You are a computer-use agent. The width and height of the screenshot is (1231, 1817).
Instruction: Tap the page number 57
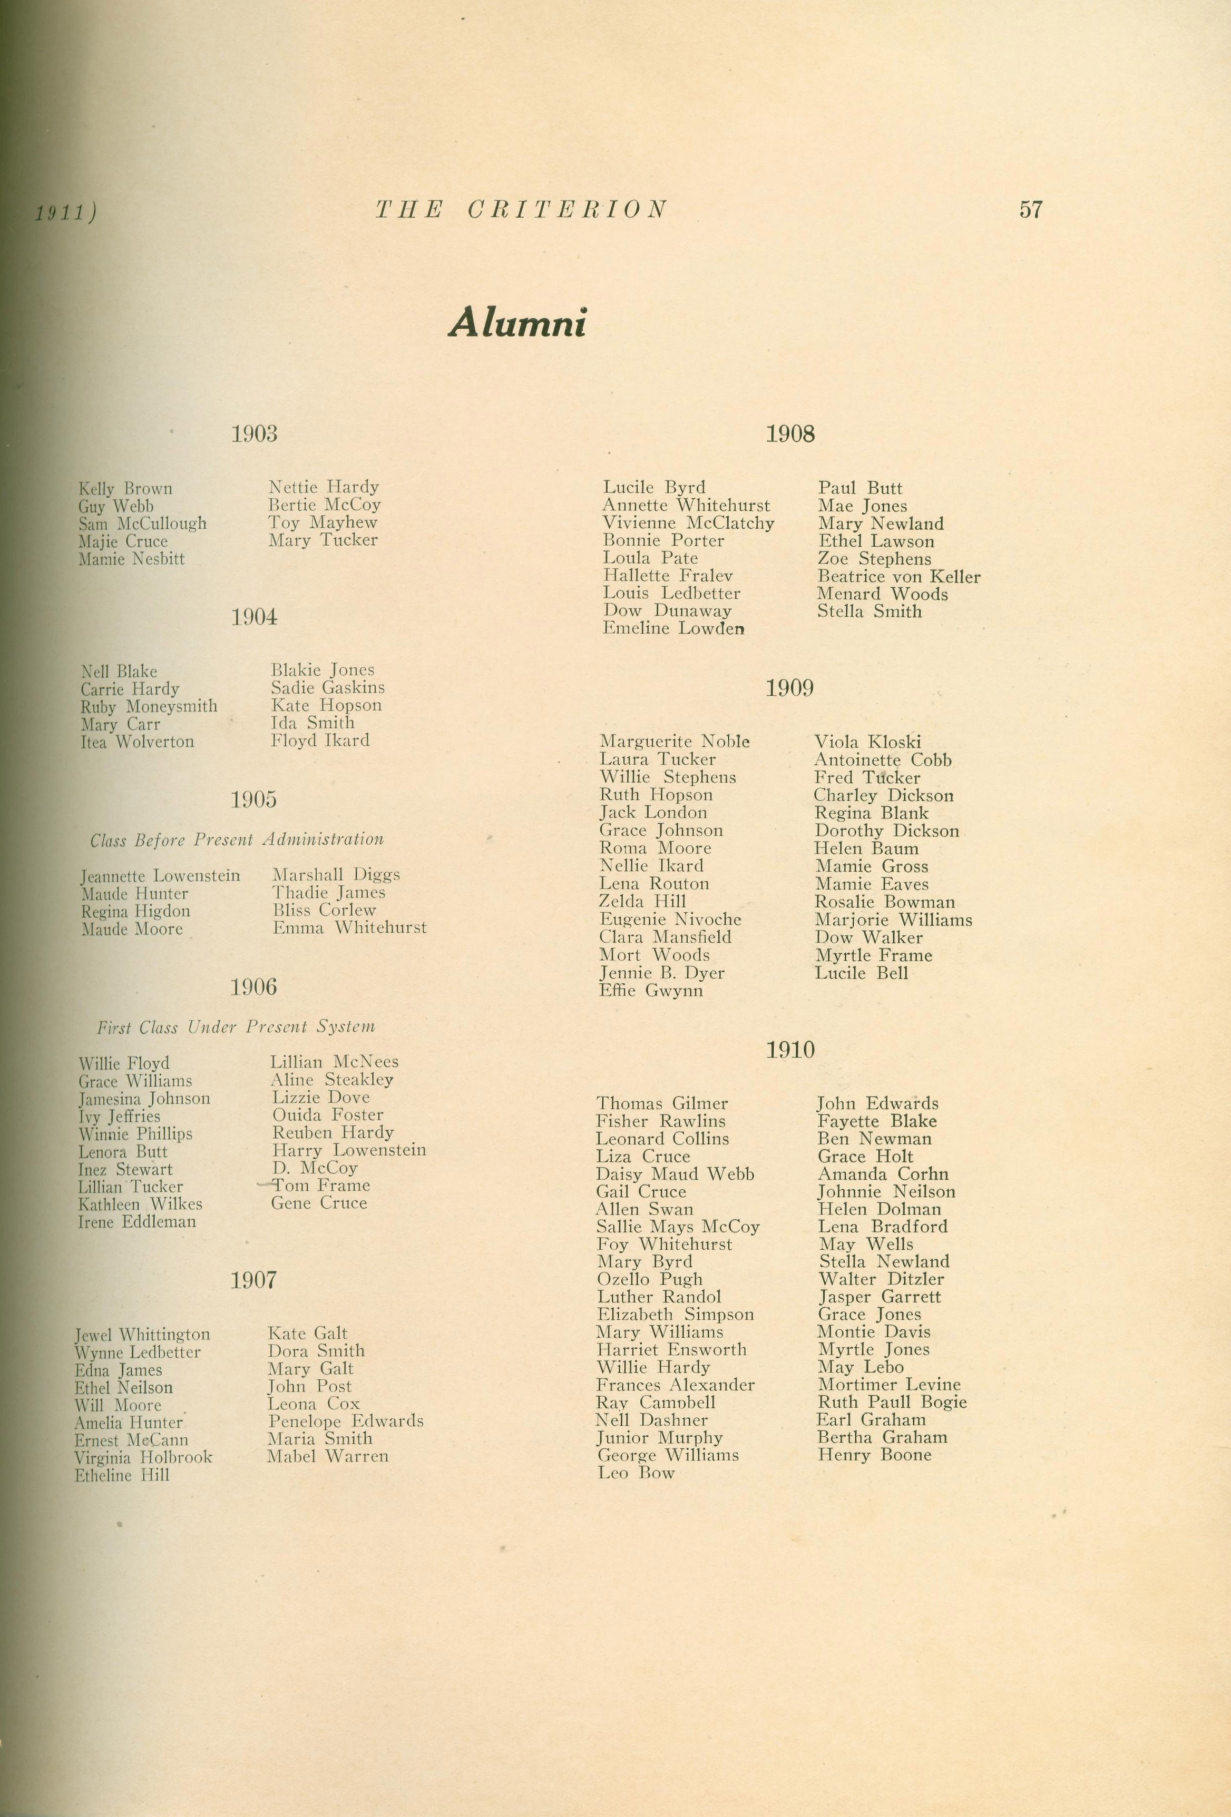pyautogui.click(x=1030, y=210)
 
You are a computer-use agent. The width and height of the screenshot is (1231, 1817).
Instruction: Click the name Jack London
pyautogui.click(x=652, y=812)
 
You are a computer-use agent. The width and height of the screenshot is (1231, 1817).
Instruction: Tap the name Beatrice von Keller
pyautogui.click(x=898, y=577)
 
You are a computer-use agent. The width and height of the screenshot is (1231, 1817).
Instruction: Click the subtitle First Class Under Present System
pyautogui.click(x=236, y=1028)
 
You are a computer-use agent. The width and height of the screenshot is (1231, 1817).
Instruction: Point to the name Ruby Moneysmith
pyautogui.click(x=149, y=707)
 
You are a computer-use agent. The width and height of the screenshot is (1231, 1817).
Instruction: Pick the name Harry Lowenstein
pyautogui.click(x=349, y=1150)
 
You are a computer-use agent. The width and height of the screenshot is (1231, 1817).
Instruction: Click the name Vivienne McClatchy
pyautogui.click(x=688, y=523)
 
